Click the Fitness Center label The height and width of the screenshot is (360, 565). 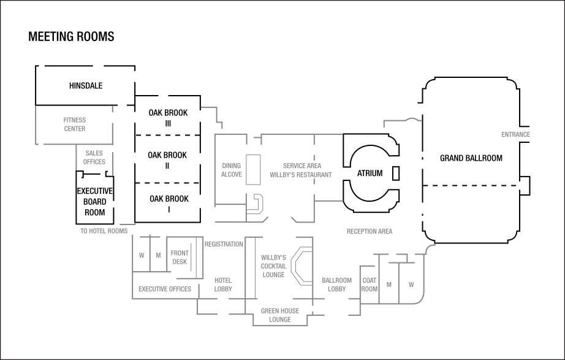[75, 124]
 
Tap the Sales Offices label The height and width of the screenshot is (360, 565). [94, 158]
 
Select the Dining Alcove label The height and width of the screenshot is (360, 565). [231, 170]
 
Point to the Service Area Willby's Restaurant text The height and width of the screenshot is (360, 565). [301, 170]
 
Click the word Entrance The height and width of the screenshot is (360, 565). [515, 135]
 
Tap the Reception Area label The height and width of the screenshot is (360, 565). [370, 232]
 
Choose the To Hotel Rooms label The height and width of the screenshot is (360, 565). [104, 232]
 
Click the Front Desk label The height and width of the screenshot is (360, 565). [180, 257]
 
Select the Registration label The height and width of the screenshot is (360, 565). [224, 244]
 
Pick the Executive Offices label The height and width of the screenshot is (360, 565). [164, 289]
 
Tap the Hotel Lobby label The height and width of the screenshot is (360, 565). [223, 285]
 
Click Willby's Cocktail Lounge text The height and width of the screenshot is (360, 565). [273, 266]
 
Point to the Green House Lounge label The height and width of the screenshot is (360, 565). [279, 315]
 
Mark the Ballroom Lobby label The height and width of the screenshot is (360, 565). [336, 285]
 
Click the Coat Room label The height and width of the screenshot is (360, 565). [370, 285]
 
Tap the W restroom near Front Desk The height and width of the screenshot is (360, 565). [142, 256]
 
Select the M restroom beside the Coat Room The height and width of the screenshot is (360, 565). [389, 284]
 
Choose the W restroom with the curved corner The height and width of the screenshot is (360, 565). [411, 284]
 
